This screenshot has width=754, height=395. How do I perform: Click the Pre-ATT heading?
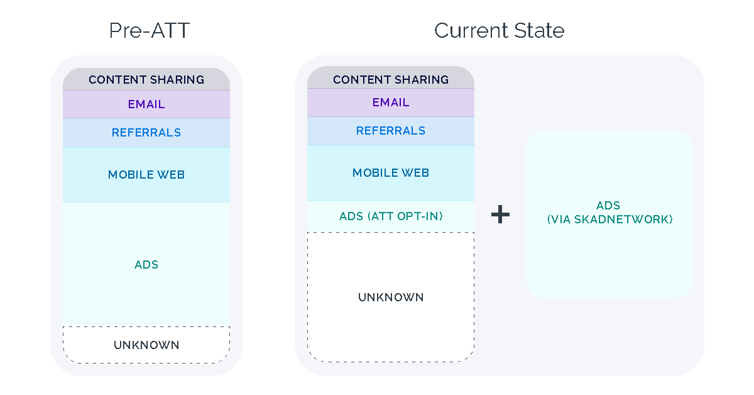coord(149,31)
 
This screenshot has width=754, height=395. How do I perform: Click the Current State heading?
coord(499,31)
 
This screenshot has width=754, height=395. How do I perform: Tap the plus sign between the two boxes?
coord(500,215)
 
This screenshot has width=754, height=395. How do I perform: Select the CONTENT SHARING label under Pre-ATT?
coord(146,80)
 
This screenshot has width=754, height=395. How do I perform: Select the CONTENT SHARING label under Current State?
coord(391,80)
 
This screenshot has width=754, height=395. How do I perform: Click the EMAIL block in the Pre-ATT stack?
coord(146,104)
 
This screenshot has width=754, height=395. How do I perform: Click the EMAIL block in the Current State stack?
coord(391,103)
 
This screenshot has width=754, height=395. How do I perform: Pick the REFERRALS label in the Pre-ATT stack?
coord(146,133)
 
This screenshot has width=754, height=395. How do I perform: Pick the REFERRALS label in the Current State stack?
coord(391,131)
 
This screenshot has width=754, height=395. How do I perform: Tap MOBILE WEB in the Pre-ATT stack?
coord(146,175)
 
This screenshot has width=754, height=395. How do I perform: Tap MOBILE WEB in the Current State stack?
coord(391,173)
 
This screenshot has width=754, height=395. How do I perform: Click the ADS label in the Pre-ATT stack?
coord(146,265)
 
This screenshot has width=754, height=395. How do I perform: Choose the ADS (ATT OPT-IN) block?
coord(391,216)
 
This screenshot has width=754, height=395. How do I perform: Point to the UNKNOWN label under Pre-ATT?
coord(146,345)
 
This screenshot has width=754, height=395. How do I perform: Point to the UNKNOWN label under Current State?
coord(391,298)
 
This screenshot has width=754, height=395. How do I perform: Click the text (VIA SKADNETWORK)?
coord(609,220)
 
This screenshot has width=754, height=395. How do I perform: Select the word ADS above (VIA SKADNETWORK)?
coord(608,206)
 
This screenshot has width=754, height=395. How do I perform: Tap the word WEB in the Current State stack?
coord(417,173)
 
